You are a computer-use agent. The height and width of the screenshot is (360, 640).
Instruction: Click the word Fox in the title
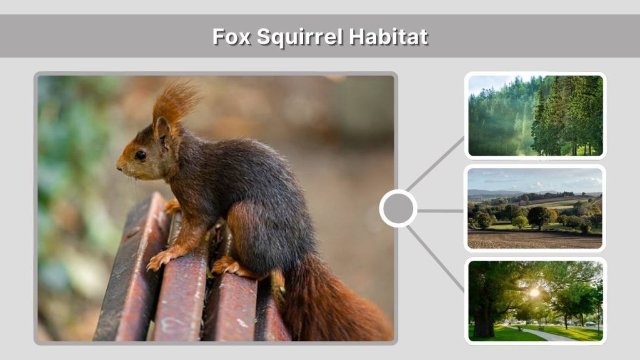tap(231, 36)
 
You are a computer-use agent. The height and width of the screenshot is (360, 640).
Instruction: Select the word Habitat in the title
tap(388, 36)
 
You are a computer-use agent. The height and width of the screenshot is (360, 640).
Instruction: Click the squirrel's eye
tap(141, 155)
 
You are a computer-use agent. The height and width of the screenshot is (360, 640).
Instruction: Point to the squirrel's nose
tap(119, 166)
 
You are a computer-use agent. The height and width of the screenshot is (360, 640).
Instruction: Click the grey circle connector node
tap(398, 208)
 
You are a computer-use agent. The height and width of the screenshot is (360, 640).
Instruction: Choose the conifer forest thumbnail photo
tap(535, 115)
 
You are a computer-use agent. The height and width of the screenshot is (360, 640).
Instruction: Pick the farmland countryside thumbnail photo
tap(535, 207)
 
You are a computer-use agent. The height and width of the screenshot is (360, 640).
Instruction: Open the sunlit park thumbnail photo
tap(535, 301)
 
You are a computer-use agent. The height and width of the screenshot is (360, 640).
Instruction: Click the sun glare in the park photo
tap(535, 292)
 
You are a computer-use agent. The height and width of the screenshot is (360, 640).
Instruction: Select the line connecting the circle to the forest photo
tap(435, 164)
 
